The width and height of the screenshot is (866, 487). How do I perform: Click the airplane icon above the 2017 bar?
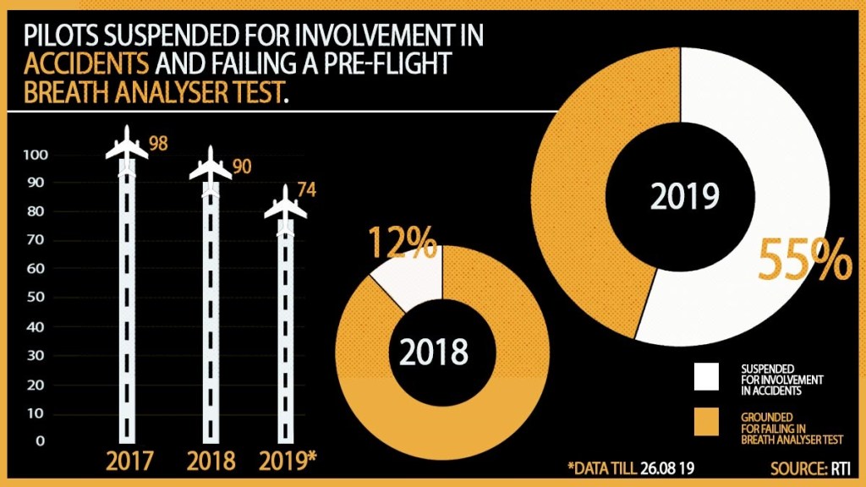(127, 145)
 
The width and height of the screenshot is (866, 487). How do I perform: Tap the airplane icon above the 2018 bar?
(211, 165)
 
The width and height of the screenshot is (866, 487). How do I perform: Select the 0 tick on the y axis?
(41, 440)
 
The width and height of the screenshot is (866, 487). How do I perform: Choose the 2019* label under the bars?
(288, 462)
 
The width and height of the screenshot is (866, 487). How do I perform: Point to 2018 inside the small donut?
(433, 353)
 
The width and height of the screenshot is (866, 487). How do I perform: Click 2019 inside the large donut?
(685, 196)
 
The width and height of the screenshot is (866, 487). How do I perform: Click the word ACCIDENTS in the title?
(88, 63)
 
